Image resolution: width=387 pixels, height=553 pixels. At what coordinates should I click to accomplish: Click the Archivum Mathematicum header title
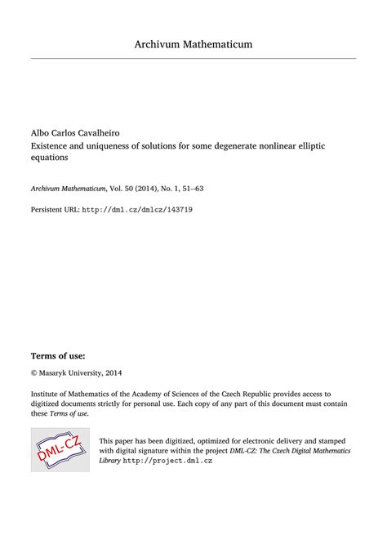click(193, 43)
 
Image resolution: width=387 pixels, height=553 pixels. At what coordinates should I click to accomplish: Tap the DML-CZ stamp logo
click(60, 448)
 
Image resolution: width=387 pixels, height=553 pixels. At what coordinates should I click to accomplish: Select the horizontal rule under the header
click(193, 58)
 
